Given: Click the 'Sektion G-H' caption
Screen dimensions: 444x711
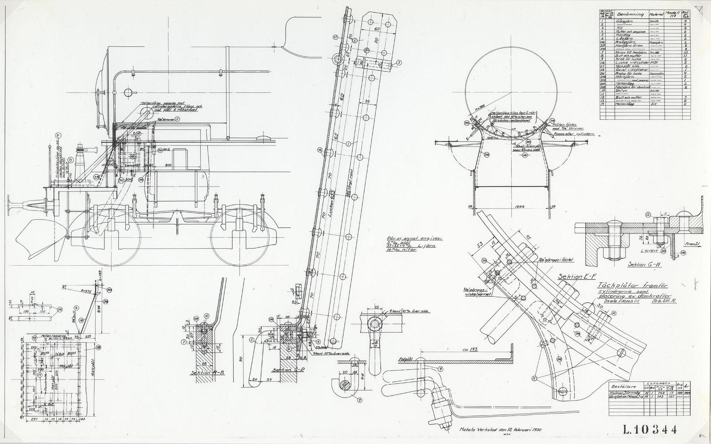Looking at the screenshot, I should click(x=644, y=264).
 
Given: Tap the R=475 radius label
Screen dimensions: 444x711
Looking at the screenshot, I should click(x=85, y=290).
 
